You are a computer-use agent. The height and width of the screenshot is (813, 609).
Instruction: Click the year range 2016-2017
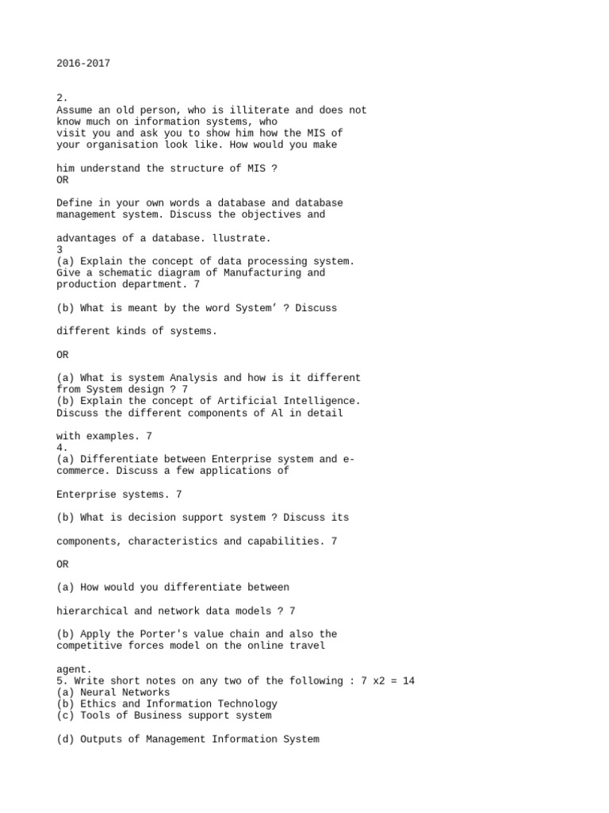coord(83,64)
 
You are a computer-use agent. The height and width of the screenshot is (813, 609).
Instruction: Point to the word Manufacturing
coord(259,273)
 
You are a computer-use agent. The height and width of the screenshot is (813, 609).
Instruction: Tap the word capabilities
coord(281,541)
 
